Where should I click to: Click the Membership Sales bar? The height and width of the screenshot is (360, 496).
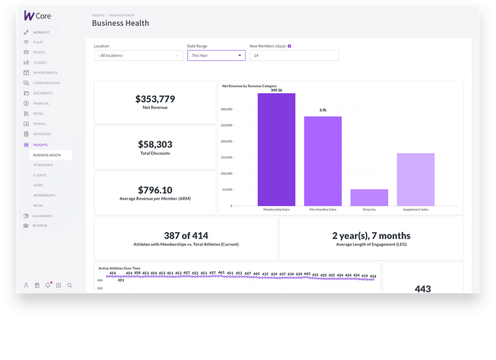tap(277, 150)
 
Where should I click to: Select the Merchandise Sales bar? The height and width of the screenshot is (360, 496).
tap(322, 161)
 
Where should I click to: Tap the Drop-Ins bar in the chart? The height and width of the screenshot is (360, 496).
tap(369, 198)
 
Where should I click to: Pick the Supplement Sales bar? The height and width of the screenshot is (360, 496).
tap(415, 180)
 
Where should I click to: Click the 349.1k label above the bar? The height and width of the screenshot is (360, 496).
tap(277, 90)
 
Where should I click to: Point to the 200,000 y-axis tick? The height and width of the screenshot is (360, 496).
tap(226, 141)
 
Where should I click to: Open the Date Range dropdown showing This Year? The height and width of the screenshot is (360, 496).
tap(216, 55)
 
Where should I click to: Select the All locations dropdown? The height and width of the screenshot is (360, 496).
tap(138, 55)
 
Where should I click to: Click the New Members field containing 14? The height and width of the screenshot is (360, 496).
tap(294, 55)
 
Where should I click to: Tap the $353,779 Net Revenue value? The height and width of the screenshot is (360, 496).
tap(155, 99)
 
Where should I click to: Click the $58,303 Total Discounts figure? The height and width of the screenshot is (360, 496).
tap(155, 144)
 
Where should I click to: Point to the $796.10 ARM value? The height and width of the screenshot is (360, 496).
tap(155, 190)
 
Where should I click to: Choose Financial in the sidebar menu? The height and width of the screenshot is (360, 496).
tap(42, 103)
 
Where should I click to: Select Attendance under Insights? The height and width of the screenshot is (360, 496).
tap(43, 165)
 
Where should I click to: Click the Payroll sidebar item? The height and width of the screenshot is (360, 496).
tap(39, 124)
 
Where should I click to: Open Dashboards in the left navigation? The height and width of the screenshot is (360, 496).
tap(43, 216)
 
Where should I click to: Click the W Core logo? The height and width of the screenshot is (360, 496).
tap(37, 15)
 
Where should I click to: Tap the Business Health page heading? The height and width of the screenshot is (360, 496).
tap(120, 24)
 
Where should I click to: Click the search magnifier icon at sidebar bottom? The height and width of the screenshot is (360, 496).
tap(69, 286)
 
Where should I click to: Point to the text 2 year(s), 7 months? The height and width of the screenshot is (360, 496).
tap(371, 235)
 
